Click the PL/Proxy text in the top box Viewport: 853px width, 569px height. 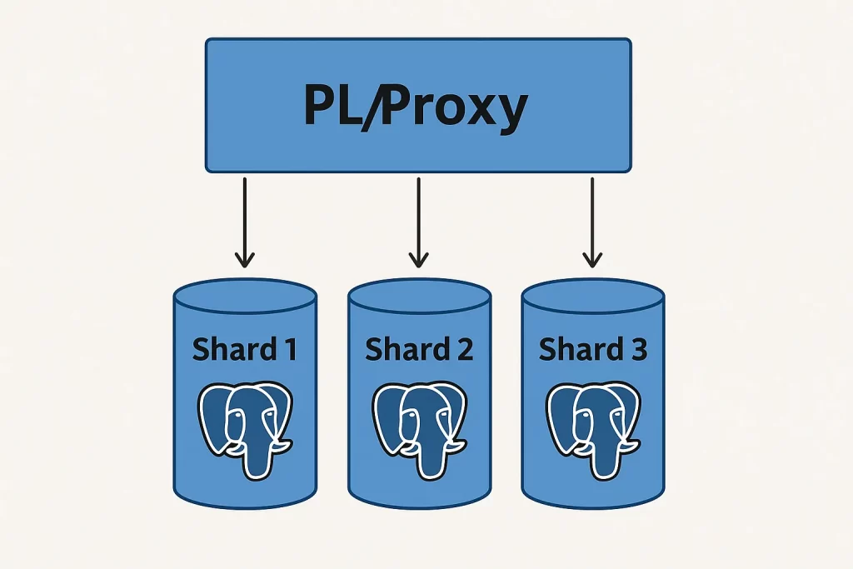[415, 107]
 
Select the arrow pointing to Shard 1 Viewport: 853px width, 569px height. [244, 221]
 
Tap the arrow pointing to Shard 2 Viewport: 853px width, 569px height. [418, 221]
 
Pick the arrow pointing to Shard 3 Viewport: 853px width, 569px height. [591, 221]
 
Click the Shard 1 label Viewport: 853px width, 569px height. [244, 350]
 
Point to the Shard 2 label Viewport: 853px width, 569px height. [418, 350]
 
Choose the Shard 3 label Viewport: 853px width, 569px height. [592, 350]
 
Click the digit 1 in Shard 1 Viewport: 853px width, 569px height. [287, 350]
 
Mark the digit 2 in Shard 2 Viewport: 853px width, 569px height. [463, 350]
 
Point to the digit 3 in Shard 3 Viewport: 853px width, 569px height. [636, 350]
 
